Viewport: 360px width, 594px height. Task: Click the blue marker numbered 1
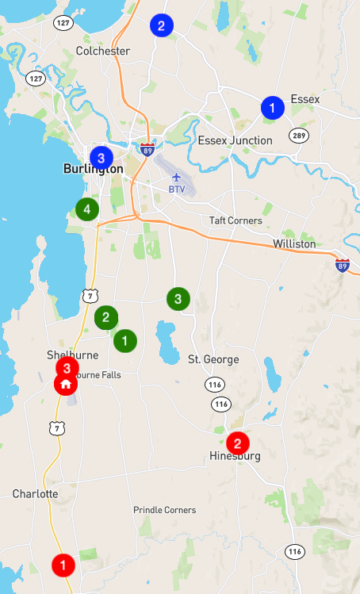(x=272, y=108)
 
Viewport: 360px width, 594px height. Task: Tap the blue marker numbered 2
(x=162, y=25)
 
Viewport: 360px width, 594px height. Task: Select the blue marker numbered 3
(x=101, y=157)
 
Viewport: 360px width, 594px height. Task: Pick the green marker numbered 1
(x=124, y=341)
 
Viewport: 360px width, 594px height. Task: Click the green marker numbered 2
(x=105, y=318)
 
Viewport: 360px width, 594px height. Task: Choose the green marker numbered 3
(x=178, y=299)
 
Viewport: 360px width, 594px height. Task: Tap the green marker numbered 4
(x=86, y=209)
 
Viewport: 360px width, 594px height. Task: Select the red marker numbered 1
(x=63, y=565)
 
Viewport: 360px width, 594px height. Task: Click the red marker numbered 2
(x=237, y=443)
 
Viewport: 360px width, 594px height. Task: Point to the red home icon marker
(x=66, y=384)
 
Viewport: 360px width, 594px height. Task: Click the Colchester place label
(x=102, y=51)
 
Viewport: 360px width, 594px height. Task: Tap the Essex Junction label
(x=235, y=140)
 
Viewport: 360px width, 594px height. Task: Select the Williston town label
(x=293, y=243)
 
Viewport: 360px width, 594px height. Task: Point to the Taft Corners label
(x=236, y=220)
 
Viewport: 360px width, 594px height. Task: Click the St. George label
(x=213, y=359)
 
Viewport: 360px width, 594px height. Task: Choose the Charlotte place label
(x=35, y=493)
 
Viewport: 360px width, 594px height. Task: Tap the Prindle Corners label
(x=164, y=510)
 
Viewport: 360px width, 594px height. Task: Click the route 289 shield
(x=298, y=136)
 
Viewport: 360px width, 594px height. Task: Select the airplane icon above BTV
(x=176, y=176)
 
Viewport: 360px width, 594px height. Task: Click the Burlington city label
(x=93, y=169)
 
